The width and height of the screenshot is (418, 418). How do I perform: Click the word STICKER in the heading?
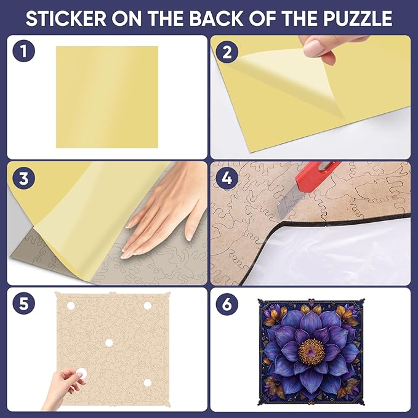click(66, 18)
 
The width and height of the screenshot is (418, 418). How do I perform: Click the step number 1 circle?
click(24, 51)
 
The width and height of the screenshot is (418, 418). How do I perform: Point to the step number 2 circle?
click(227, 52)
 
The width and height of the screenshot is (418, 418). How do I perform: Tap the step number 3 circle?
click(24, 178)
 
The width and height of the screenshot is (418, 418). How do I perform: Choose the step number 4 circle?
click(227, 178)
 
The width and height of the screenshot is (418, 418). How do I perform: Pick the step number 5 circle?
click(24, 303)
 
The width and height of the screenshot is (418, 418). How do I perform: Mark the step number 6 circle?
click(227, 303)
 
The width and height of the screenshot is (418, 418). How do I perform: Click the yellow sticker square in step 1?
click(107, 97)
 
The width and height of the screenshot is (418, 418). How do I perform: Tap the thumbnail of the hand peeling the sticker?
click(319, 50)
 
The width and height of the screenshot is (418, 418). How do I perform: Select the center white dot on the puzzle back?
click(108, 343)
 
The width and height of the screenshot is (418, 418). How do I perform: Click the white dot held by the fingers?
click(81, 373)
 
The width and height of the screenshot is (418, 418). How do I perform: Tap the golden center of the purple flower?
click(312, 351)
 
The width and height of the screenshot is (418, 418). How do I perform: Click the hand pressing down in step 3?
click(163, 211)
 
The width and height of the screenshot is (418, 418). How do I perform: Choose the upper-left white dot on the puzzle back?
click(71, 306)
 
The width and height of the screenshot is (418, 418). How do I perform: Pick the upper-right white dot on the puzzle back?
click(147, 306)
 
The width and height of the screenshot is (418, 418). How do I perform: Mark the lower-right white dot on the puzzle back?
click(147, 383)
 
